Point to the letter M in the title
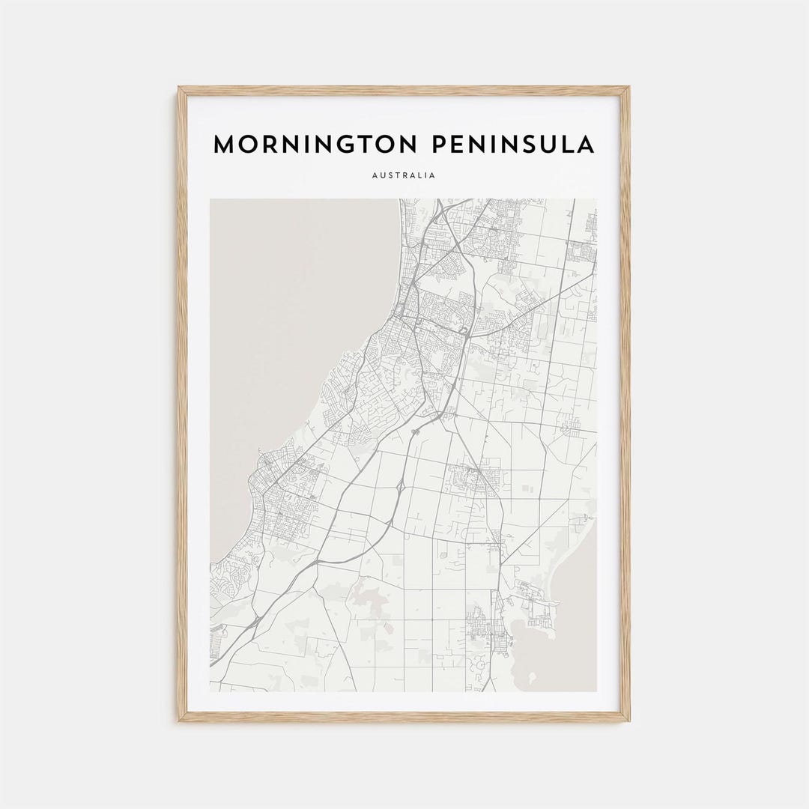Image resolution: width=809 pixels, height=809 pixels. point(224,145)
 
